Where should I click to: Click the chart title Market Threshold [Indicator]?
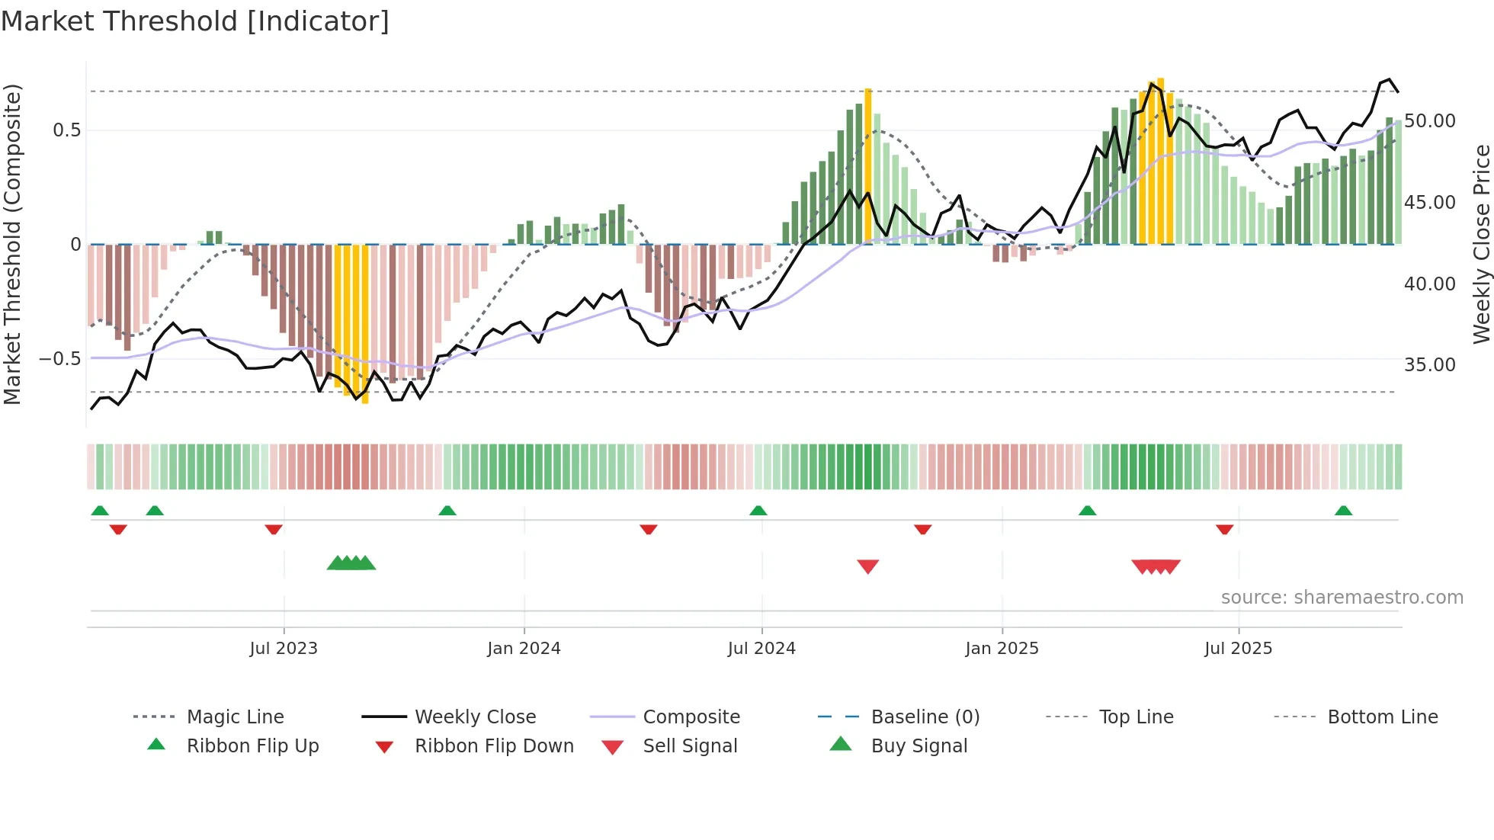(195, 21)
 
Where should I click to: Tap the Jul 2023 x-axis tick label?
(284, 649)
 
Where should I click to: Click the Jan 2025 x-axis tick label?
(1002, 649)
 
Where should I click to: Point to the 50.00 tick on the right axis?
(1430, 121)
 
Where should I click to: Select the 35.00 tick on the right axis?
(1430, 365)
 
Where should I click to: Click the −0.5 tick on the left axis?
(59, 359)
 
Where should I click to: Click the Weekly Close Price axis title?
(1481, 244)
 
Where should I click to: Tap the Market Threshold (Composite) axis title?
(12, 244)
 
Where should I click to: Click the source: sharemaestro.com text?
(1342, 598)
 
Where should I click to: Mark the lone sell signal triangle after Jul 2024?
(868, 566)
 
